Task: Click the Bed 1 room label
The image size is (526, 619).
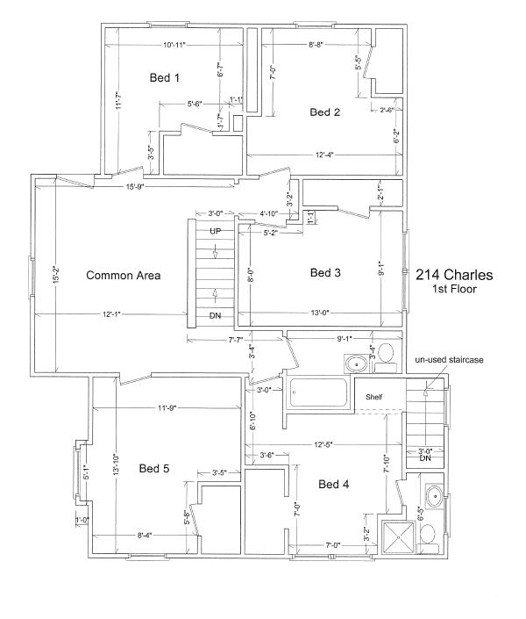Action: point(165,78)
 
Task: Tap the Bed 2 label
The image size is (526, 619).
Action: point(324,112)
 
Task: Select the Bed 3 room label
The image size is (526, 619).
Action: point(325,272)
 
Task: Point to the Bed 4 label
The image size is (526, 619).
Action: point(334,484)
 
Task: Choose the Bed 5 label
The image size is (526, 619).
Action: point(154,468)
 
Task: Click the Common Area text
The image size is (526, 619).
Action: point(124,275)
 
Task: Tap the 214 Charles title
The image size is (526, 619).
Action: point(454,275)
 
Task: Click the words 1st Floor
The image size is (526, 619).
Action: point(455,289)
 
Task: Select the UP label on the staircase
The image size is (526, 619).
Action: point(216,231)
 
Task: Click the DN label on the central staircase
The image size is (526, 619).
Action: point(216,315)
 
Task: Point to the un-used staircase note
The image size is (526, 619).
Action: point(449,360)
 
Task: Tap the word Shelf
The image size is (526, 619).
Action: point(373,397)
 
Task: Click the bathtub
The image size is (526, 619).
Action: point(318,392)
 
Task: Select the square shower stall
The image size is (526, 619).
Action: point(399,536)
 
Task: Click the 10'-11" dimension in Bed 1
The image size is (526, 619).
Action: point(174,45)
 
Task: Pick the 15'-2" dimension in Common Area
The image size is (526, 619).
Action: point(56,275)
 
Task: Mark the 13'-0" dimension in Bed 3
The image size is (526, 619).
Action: point(320,313)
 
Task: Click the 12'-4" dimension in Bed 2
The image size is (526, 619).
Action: point(324,155)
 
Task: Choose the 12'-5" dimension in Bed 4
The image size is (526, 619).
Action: point(323,444)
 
